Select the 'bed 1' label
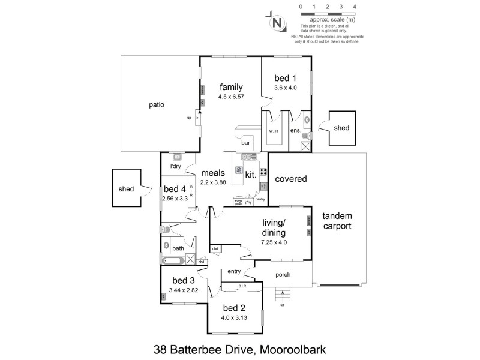pyautogui.click(x=285, y=77)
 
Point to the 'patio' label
pyautogui.click(x=157, y=104)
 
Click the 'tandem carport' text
pyautogui.click(x=337, y=221)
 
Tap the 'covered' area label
pyautogui.click(x=290, y=179)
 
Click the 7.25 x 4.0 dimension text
pyautogui.click(x=274, y=242)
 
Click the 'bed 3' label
pyautogui.click(x=183, y=281)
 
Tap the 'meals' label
pyautogui.click(x=213, y=173)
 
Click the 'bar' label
pyautogui.click(x=245, y=143)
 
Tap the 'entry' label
pyautogui.click(x=233, y=271)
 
